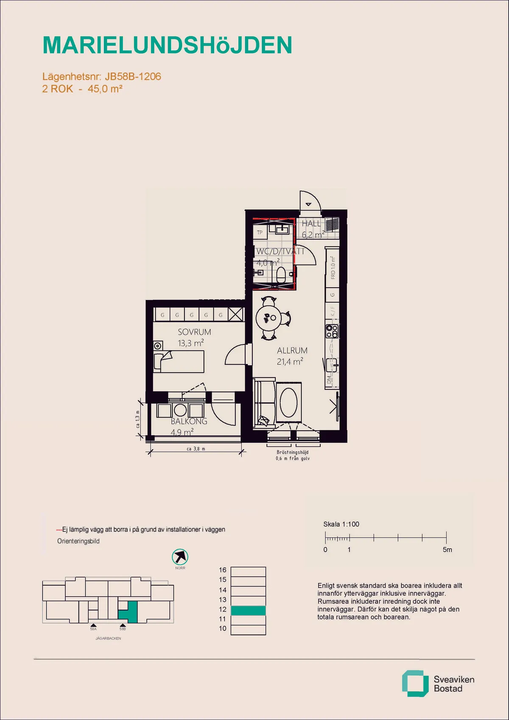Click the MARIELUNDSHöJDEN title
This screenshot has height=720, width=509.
[168, 45]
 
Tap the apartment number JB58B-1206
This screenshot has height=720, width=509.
[133, 76]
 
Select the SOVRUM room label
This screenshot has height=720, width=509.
[194, 332]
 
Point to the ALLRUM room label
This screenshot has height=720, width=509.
[292, 351]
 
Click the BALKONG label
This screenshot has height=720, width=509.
[189, 421]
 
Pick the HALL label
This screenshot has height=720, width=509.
[311, 224]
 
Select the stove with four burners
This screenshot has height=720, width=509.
[332, 331]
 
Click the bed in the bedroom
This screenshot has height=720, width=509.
[179, 362]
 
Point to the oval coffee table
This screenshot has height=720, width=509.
[289, 402]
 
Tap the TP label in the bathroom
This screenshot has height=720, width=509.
[260, 233]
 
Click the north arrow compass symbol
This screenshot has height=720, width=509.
[180, 557]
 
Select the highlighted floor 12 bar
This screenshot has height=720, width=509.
[248, 610]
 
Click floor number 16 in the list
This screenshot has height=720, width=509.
[223, 570]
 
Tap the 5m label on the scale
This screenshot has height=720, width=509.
[447, 550]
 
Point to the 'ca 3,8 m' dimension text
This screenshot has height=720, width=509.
[196, 449]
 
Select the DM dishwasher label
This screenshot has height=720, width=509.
[329, 379]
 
